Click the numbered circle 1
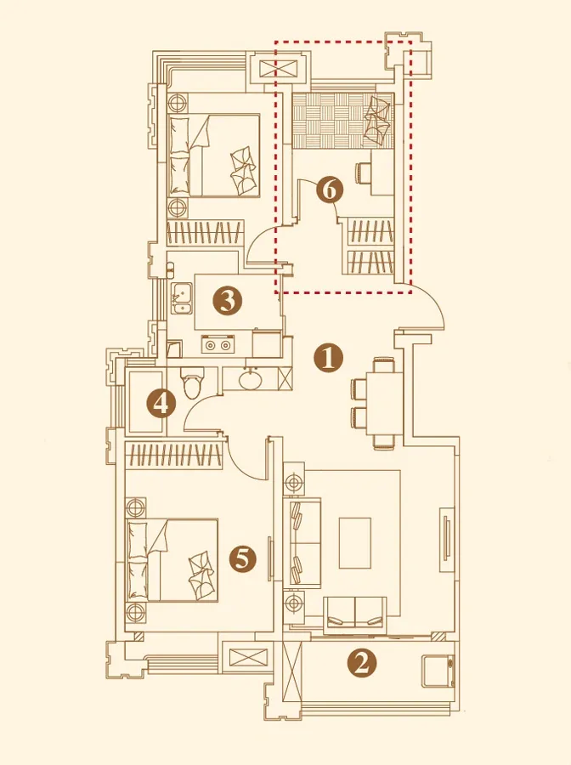329,358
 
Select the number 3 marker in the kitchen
227,301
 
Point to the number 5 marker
242,558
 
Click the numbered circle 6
329,190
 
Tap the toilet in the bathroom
190,382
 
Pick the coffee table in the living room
354,542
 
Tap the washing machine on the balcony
438,671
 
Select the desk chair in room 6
363,173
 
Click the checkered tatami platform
342,120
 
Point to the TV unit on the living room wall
447,540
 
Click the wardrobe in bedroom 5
174,455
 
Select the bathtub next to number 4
144,402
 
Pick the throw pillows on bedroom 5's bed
201,575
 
